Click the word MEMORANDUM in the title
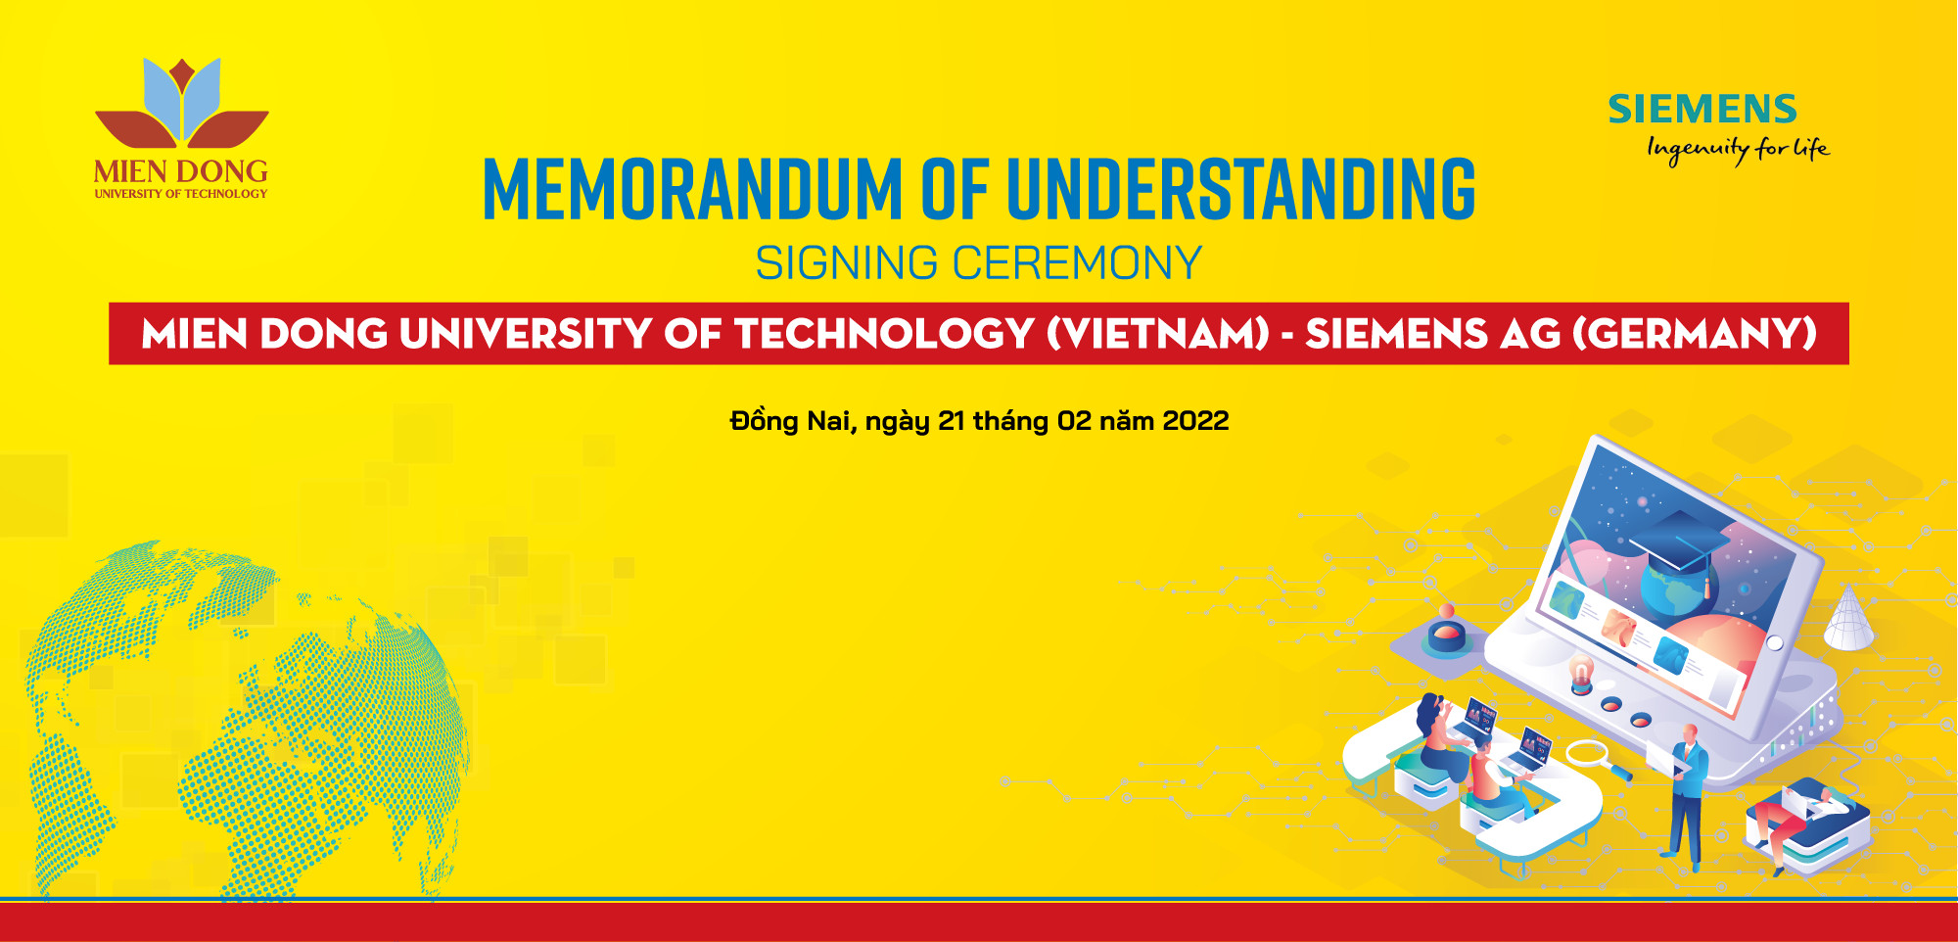click(x=692, y=188)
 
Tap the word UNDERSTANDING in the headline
click(x=1240, y=188)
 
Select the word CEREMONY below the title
click(x=1077, y=262)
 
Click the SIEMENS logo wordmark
click(x=1702, y=109)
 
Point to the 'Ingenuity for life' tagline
click(x=1738, y=149)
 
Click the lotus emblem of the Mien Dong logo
click(x=181, y=104)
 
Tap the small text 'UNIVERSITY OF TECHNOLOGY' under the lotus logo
click(x=181, y=194)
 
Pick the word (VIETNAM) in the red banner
click(x=1157, y=334)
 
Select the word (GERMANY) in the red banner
click(x=1694, y=334)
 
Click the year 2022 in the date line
click(x=1195, y=421)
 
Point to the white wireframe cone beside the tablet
click(x=1848, y=618)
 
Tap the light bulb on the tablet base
click(x=1580, y=675)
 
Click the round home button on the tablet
click(x=1774, y=642)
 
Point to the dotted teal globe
click(x=245, y=720)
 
